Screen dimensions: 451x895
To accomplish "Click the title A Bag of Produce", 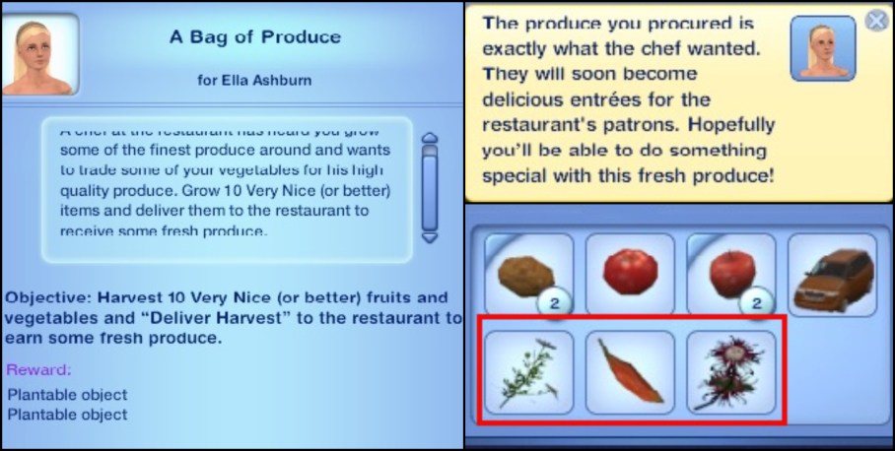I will click(254, 37).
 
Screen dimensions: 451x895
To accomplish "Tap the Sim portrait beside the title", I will click(39, 54).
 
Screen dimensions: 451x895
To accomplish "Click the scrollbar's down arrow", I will click(429, 236).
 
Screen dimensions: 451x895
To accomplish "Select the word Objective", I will click(44, 297).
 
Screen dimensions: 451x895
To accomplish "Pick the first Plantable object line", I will click(67, 395).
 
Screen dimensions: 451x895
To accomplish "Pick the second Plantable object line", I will click(67, 415).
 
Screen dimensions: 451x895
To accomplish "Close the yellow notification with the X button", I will click(876, 20).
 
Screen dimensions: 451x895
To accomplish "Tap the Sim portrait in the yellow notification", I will click(824, 48).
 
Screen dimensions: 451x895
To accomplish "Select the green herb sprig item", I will click(527, 371).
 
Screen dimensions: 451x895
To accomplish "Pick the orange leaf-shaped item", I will click(630, 372).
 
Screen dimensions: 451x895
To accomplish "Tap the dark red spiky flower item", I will click(730, 372).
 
